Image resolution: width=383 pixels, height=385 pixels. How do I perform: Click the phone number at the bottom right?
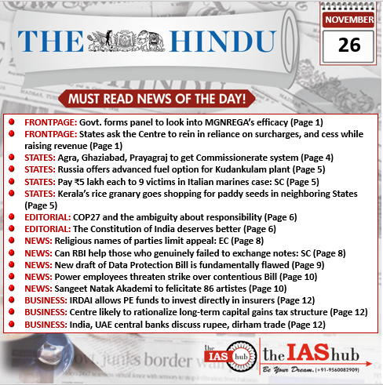343,371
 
